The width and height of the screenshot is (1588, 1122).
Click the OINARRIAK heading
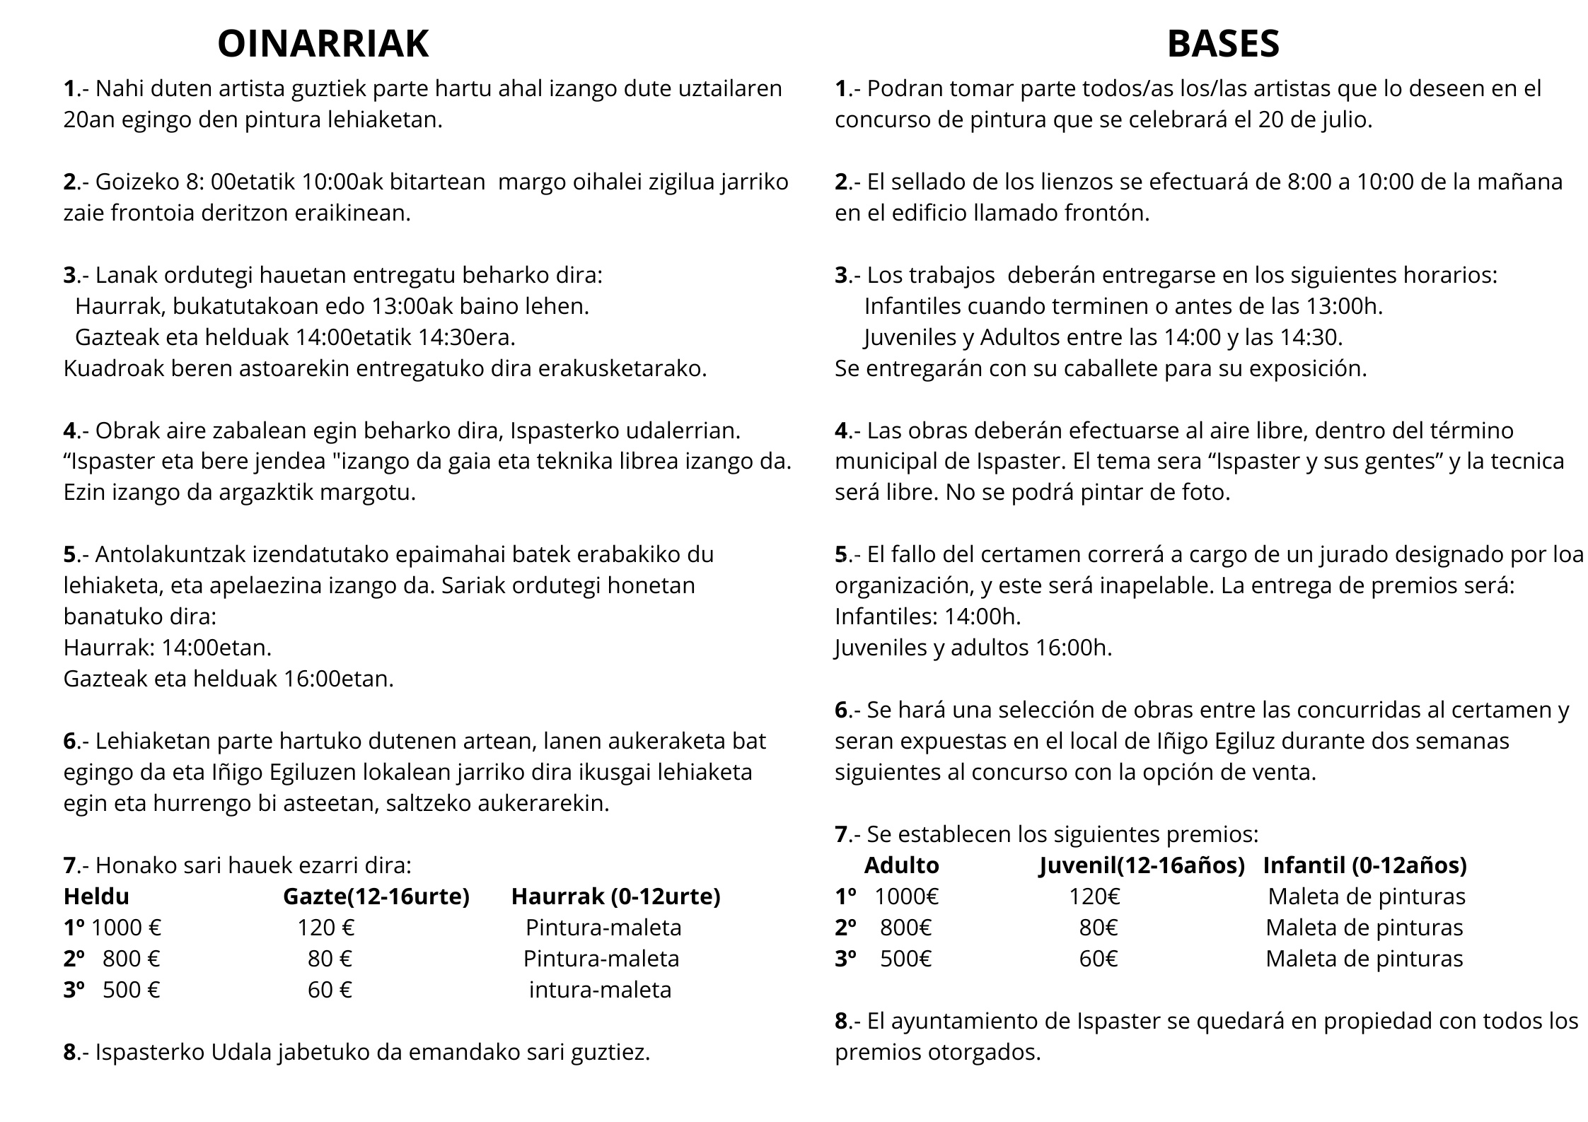(x=323, y=44)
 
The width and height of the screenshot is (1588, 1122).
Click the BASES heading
(x=1223, y=44)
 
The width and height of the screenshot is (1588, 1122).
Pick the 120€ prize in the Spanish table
(x=1094, y=896)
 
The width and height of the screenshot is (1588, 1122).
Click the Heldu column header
(x=96, y=896)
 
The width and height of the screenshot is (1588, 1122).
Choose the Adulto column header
(x=901, y=865)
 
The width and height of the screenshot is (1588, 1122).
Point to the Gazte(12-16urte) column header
(x=376, y=896)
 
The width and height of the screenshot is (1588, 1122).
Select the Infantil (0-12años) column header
(x=1364, y=865)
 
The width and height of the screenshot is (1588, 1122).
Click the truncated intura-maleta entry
(x=600, y=990)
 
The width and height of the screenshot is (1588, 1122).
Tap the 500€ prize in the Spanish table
(x=905, y=959)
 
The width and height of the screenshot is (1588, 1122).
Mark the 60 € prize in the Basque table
(x=330, y=990)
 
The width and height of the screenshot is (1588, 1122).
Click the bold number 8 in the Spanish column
(x=841, y=1021)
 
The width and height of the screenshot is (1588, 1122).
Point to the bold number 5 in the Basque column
(x=69, y=554)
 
